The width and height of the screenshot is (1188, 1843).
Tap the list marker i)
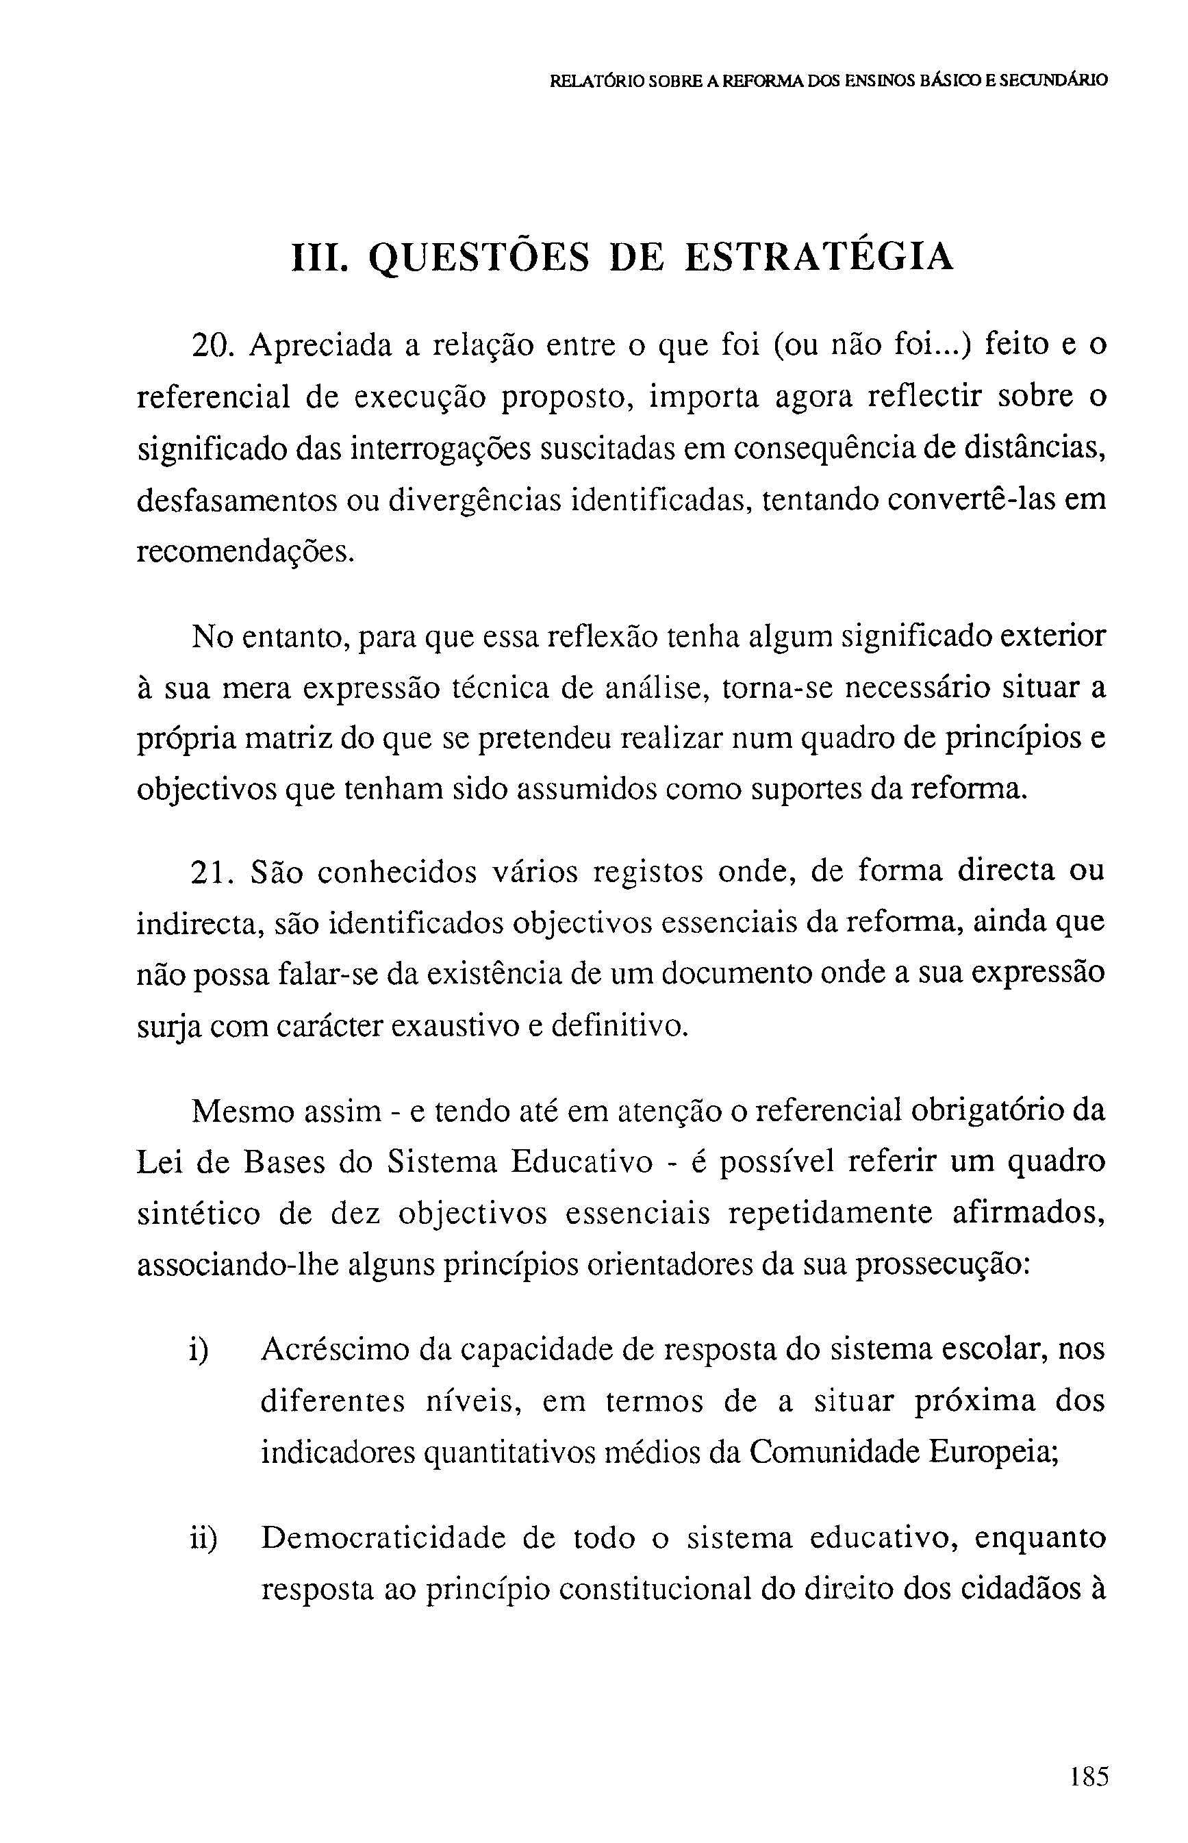pos(200,1350)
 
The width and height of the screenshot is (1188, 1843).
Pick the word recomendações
pos(245,553)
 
